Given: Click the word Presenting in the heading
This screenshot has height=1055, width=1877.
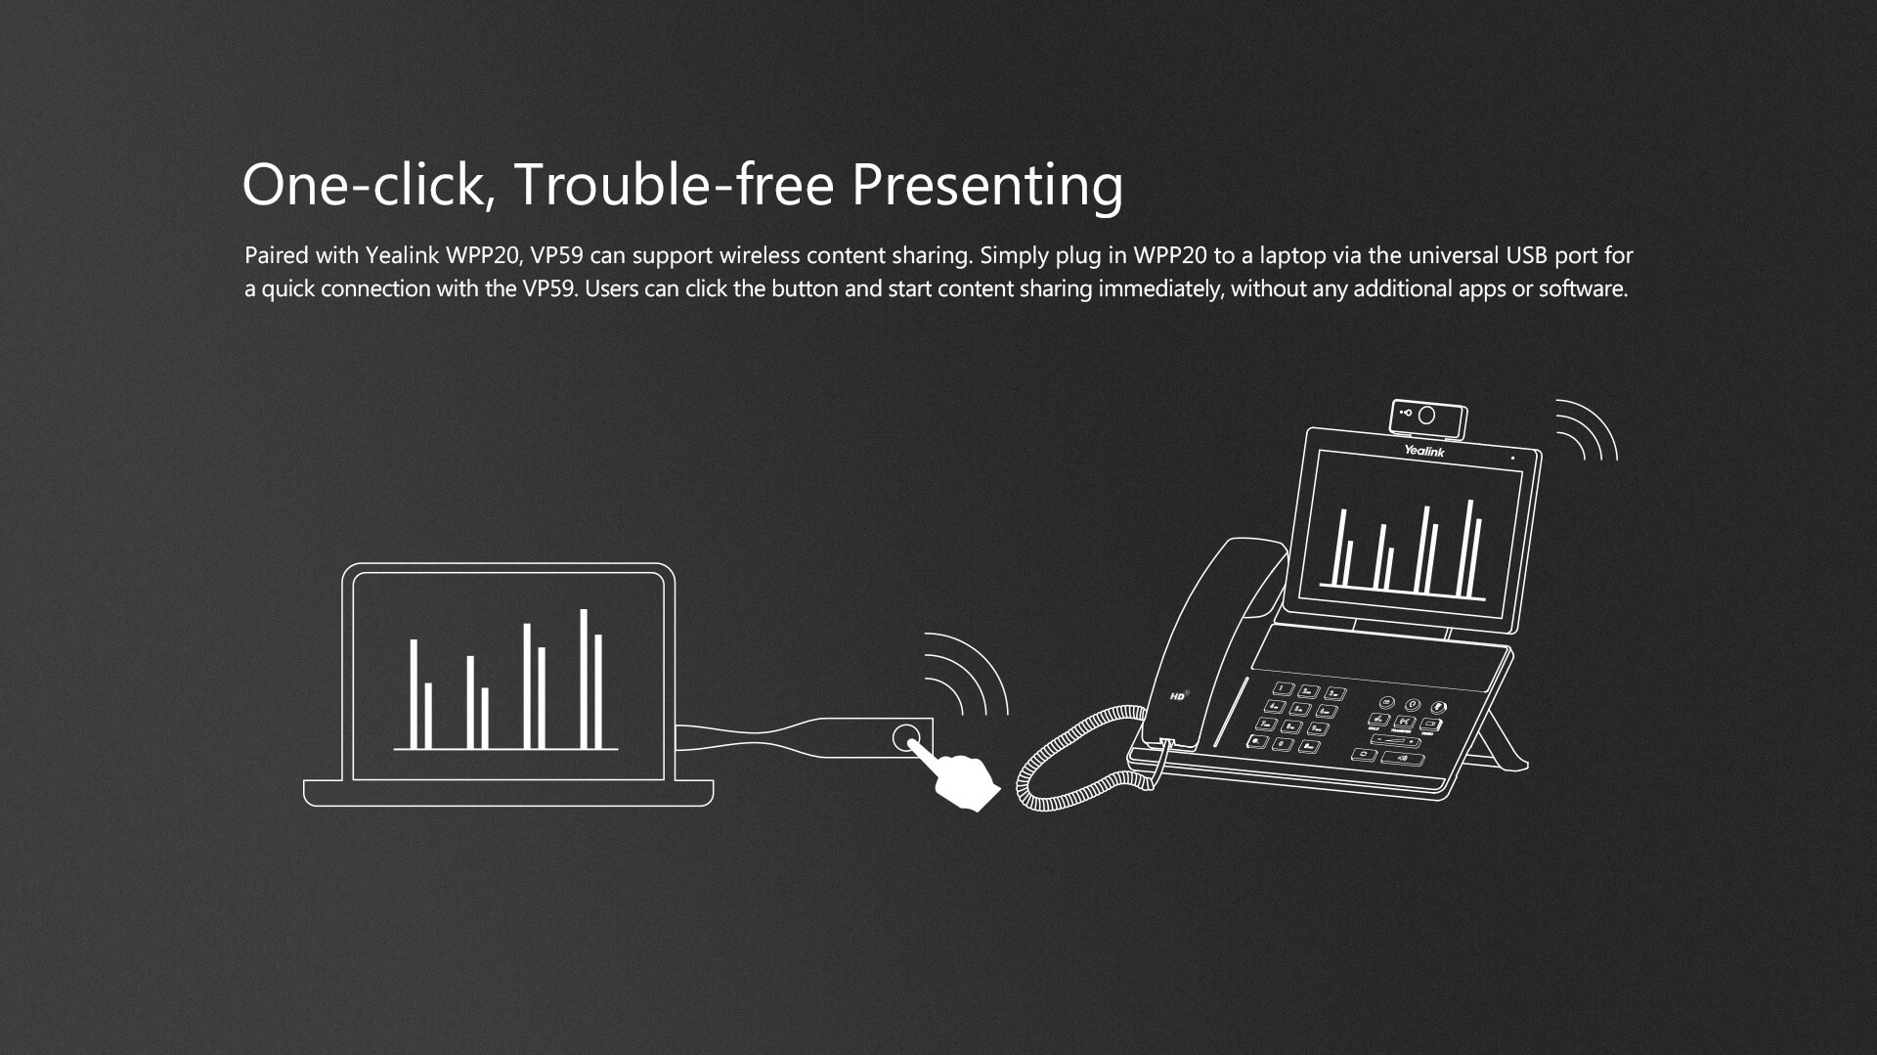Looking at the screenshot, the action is [987, 186].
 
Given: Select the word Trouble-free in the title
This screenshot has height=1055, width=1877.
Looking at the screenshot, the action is [674, 184].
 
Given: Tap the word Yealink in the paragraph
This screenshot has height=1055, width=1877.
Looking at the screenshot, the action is [402, 255].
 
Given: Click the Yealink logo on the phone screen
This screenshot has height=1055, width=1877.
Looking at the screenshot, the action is [1424, 451].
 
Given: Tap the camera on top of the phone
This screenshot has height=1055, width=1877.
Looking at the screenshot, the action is [1428, 418].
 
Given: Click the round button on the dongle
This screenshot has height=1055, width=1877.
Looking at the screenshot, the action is [906, 737].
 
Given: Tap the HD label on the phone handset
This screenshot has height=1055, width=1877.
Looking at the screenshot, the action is [1178, 696].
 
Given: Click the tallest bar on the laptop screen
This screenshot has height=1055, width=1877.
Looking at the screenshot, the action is [584, 680].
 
